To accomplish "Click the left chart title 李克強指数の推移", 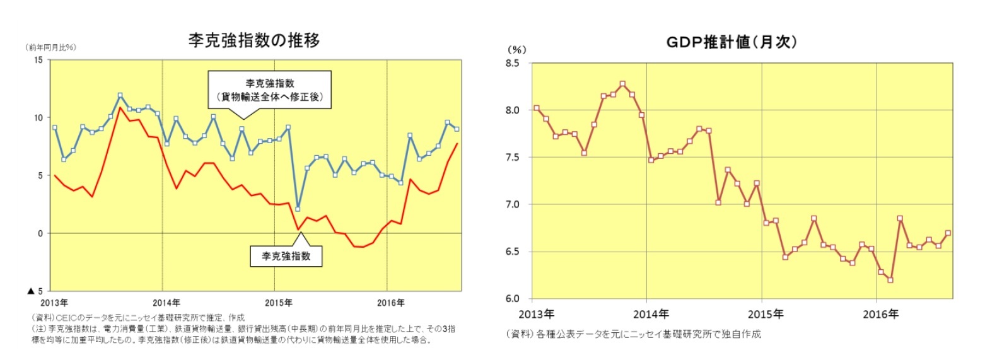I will (254, 40).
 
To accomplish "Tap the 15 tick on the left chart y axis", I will (38, 60).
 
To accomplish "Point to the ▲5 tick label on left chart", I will (35, 291).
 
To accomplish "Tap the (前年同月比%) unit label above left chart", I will (50, 47).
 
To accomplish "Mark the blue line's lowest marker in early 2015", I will (298, 209).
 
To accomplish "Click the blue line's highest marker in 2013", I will (120, 96).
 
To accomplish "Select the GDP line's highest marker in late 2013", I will (622, 84).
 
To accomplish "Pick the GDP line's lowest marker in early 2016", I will (890, 280).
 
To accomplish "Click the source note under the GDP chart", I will (633, 334).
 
